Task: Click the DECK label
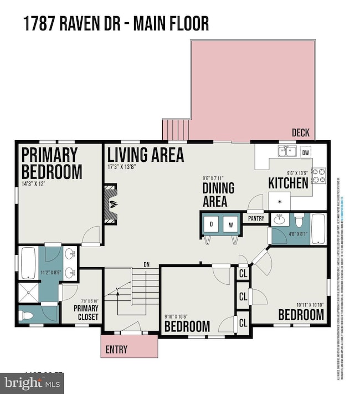point(301,133)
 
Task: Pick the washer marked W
point(231,224)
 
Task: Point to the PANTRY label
point(255,218)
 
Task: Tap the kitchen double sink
point(287,151)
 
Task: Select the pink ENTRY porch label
point(116,349)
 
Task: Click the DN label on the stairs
point(146,264)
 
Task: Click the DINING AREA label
point(218,195)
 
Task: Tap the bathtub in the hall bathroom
point(318,228)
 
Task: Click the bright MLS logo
point(31,382)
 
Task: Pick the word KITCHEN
point(288,182)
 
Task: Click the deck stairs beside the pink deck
point(176,129)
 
